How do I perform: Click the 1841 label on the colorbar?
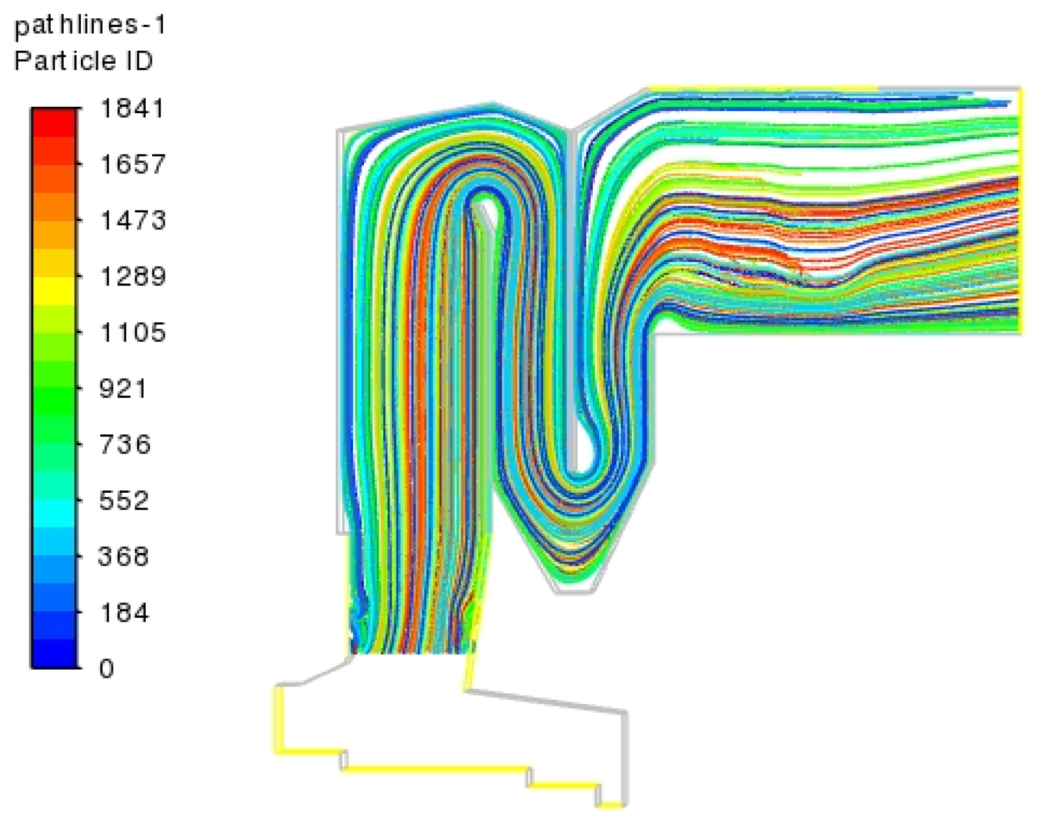pos(132,109)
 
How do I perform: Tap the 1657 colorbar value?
pos(133,164)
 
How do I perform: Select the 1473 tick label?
pos(133,220)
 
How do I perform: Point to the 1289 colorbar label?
pos(133,276)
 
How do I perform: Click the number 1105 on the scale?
pos(133,332)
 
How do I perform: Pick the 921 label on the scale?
pos(123,389)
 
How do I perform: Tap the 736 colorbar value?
pos(125,444)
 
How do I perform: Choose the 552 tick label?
pos(123,500)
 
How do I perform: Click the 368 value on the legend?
pos(123,556)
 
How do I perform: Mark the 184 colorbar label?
pos(124,612)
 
